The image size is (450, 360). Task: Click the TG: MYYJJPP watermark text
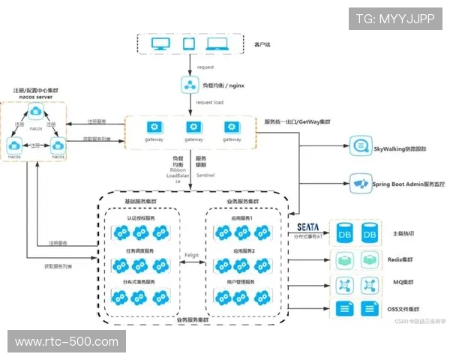tap(394, 19)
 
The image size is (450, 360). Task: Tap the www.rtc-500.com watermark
tap(67, 341)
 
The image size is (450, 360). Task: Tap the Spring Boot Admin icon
tap(359, 183)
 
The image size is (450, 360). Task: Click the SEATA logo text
tap(308, 226)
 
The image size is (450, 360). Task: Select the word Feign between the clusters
tap(191, 255)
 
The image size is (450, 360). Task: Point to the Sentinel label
tap(205, 174)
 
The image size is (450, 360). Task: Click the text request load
tap(209, 102)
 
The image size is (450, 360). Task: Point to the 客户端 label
tap(262, 45)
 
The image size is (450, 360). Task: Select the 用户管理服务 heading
tap(243, 282)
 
